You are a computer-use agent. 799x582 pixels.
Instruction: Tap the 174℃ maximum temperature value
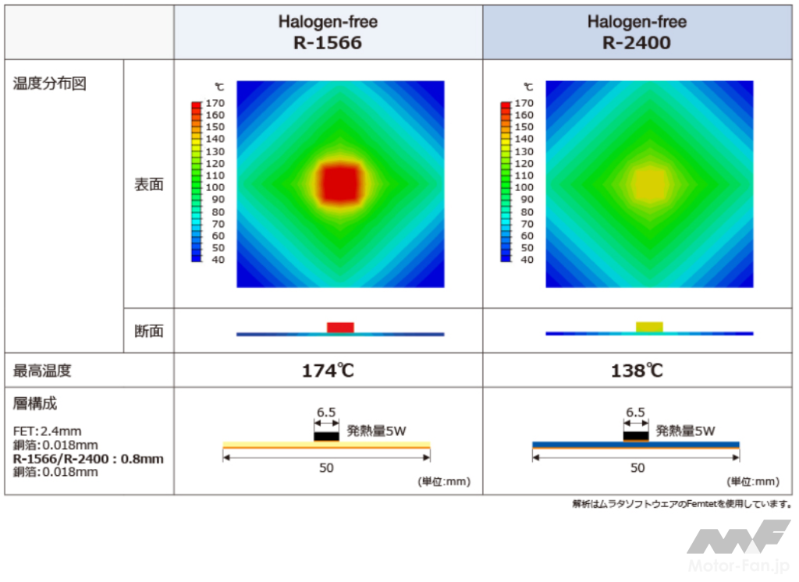[x=328, y=371]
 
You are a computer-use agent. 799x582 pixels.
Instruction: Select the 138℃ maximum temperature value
[x=637, y=371]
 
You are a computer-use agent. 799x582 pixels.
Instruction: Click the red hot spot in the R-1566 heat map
[x=340, y=183]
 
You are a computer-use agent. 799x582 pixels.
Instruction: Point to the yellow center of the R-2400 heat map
[x=650, y=183]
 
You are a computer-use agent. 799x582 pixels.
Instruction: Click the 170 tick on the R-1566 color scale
[x=215, y=103]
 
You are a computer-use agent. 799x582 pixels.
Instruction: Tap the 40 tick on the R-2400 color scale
[x=527, y=259]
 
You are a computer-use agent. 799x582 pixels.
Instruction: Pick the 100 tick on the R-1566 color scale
[x=215, y=187]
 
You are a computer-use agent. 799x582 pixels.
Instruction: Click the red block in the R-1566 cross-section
[x=340, y=327]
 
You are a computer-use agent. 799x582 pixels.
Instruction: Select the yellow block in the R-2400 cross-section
[x=650, y=327]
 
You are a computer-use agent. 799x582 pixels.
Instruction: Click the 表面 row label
[x=149, y=184]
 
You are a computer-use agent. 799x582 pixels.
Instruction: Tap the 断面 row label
[x=149, y=331]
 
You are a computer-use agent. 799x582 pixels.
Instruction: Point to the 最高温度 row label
[x=42, y=371]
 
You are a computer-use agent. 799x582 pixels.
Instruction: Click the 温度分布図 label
[x=49, y=83]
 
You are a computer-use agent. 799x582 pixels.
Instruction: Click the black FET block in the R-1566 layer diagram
[x=327, y=436]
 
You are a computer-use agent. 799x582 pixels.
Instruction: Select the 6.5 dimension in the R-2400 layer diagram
[x=635, y=412]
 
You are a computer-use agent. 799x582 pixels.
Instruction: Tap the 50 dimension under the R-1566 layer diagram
[x=326, y=468]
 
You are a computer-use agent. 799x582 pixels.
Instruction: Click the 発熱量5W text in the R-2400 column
[x=685, y=431]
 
